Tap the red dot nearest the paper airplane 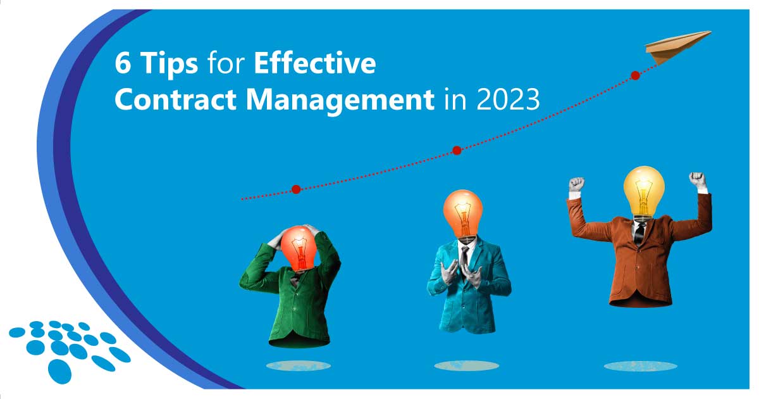click(635, 75)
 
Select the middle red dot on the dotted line click(457, 150)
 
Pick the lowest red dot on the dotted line click(295, 189)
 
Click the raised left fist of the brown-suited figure click(576, 184)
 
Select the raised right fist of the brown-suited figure click(697, 179)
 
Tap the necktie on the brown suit click(639, 232)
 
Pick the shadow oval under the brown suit click(639, 365)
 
